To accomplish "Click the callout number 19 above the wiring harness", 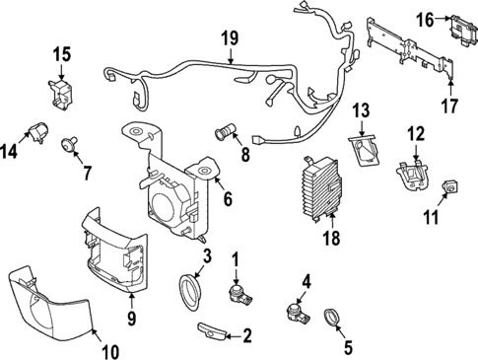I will tap(229, 38).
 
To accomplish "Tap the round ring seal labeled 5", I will tap(331, 318).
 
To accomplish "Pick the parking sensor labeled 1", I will tap(238, 293).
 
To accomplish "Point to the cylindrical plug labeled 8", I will tap(227, 130).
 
